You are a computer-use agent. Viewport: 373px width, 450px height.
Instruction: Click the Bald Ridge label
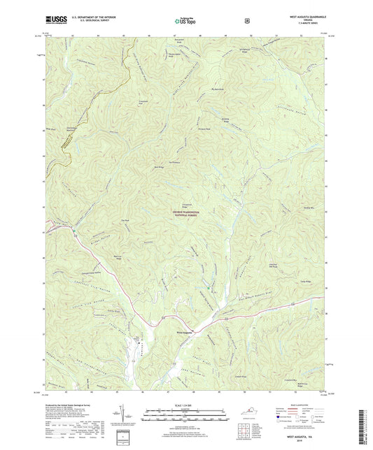(x=157, y=167)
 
